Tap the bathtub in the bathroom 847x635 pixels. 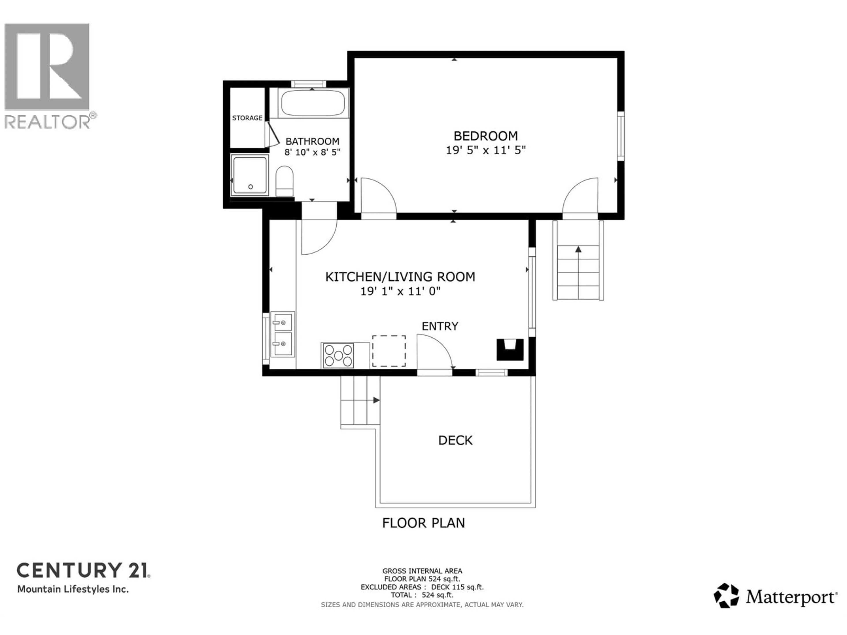click(313, 103)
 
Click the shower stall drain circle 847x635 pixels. click(250, 187)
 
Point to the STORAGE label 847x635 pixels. click(247, 118)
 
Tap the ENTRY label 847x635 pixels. click(440, 326)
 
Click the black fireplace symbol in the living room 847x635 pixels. click(510, 349)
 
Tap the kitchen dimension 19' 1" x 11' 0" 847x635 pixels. click(400, 291)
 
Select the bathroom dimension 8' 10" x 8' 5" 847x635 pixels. click(312, 152)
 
